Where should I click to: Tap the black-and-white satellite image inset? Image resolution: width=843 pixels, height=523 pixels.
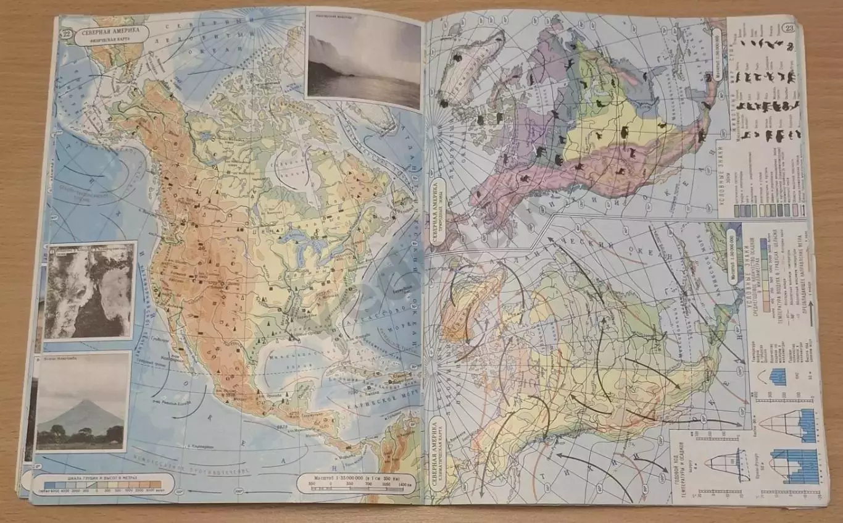pyautogui.click(x=89, y=290)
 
